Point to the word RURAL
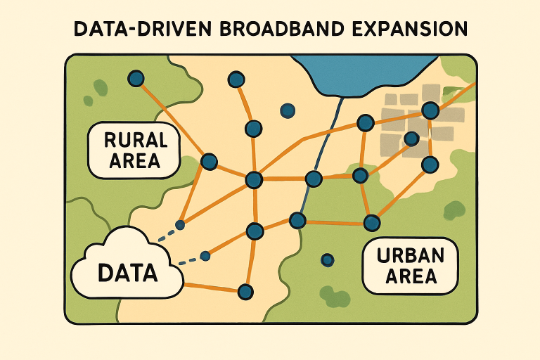(133, 139)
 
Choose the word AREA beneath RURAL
(133, 162)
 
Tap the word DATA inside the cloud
(128, 271)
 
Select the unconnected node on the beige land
(287, 110)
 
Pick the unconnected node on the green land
(327, 260)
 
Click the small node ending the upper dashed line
(180, 225)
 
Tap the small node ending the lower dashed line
(205, 256)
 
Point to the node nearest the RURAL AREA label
(209, 162)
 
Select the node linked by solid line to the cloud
(245, 290)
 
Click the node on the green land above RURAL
(136, 79)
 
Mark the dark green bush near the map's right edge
(455, 208)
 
